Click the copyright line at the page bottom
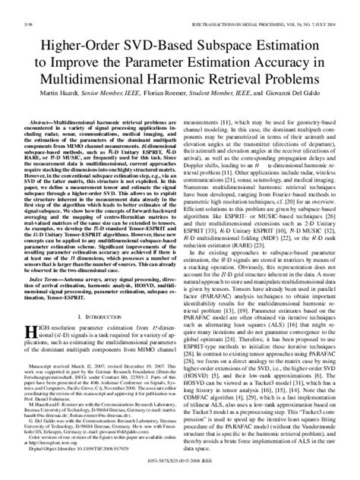(x=180, y=472)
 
